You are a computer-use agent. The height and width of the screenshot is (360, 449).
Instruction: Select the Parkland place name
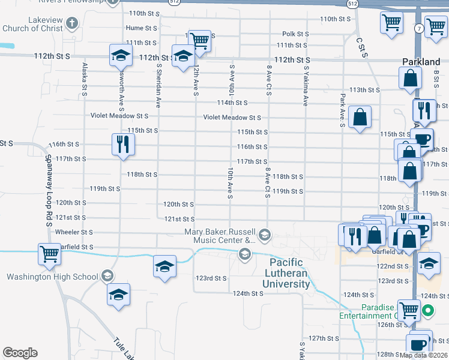421,62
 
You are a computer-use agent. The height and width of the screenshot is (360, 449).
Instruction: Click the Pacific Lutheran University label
289,273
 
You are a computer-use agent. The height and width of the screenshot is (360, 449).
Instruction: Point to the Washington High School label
52,277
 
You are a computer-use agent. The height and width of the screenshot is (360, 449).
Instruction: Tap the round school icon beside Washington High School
107,276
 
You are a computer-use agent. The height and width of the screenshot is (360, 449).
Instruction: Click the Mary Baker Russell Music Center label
220,236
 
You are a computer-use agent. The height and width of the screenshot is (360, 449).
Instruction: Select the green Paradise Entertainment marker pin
428,310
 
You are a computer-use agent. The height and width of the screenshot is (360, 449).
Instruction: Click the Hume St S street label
142,28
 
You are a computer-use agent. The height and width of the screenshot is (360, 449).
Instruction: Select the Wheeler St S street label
74,232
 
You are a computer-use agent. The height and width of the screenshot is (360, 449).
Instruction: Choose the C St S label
361,48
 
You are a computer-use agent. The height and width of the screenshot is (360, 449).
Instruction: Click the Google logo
20,353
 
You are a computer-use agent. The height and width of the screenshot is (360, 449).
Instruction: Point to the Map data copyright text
423,355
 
